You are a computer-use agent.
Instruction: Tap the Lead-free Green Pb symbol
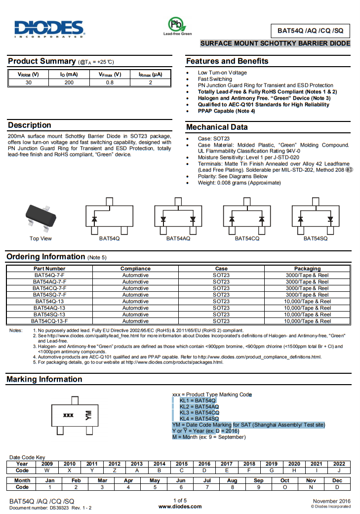(x=177, y=24)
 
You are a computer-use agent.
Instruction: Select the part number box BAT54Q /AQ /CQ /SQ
(x=310, y=31)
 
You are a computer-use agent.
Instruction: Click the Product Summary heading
(x=41, y=61)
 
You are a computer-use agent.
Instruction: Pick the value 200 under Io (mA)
(x=69, y=82)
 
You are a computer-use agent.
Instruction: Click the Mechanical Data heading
(x=217, y=127)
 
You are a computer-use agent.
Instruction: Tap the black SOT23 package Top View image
(x=41, y=216)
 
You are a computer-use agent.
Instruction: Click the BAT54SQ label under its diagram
(x=315, y=238)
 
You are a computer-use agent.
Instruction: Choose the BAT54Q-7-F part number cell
(x=49, y=275)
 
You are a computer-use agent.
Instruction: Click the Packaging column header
(x=307, y=269)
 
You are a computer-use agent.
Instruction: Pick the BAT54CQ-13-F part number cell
(x=49, y=321)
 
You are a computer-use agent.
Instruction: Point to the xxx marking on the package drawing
(x=68, y=415)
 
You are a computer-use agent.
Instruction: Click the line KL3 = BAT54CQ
(x=199, y=412)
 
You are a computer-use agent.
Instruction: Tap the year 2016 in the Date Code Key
(x=204, y=464)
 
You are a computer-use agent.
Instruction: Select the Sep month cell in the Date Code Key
(x=258, y=480)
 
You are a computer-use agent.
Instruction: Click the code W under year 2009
(x=47, y=471)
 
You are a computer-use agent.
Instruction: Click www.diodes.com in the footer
(x=180, y=506)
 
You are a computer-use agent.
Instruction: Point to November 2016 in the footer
(x=331, y=501)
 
